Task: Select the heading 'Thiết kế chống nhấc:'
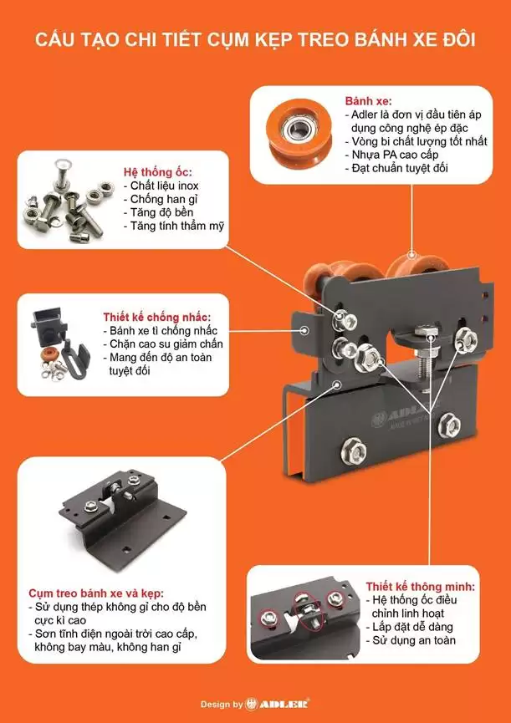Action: [x=157, y=317]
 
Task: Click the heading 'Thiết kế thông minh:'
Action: [x=421, y=586]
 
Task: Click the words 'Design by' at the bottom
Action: [x=222, y=705]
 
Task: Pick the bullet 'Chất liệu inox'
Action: [x=165, y=185]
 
